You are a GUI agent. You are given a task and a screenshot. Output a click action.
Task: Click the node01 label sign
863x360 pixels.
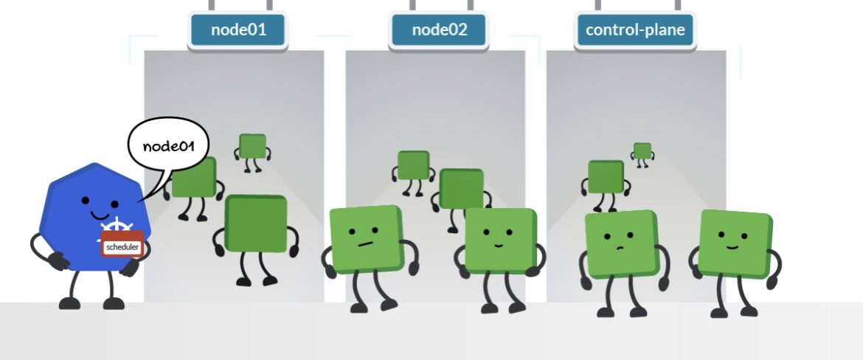[x=238, y=30]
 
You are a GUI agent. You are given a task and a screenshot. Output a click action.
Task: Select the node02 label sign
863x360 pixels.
[x=438, y=30]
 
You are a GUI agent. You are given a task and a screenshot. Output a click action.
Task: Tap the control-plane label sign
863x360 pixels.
[x=634, y=30]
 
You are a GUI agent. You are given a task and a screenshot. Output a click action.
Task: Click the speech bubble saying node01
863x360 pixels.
[x=168, y=146]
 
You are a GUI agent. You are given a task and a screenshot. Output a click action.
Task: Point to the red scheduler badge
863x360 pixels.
[x=122, y=246]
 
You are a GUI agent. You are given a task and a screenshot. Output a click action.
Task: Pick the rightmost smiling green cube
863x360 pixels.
[x=733, y=242]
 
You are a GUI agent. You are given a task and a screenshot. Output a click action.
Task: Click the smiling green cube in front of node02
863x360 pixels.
[x=499, y=240]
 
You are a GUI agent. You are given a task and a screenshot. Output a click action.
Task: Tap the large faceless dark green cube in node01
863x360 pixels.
[x=255, y=226]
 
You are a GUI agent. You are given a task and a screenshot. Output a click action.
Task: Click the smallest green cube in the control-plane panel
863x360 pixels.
[x=642, y=150]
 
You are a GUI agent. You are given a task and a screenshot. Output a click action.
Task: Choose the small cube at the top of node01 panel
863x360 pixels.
[x=252, y=146]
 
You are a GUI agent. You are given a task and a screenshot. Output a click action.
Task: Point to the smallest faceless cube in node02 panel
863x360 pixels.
[x=413, y=165]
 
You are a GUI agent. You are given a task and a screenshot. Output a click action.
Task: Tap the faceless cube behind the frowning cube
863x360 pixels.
[x=605, y=177]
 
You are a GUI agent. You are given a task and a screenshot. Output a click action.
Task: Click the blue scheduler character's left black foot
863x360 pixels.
[x=70, y=302]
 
